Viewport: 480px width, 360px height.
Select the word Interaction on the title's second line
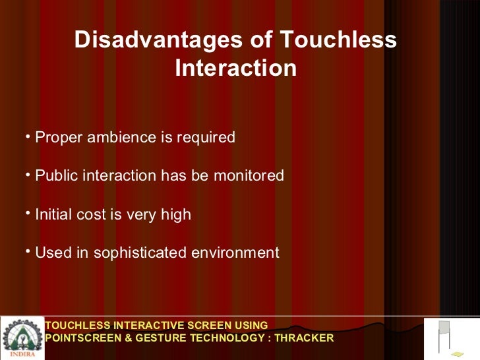235,69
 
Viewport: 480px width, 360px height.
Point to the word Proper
56,138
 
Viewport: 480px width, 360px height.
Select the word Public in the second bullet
55,176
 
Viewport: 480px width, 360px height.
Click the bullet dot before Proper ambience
29,136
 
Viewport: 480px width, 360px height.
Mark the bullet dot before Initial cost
29,213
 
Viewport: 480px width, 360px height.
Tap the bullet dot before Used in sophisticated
29,251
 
